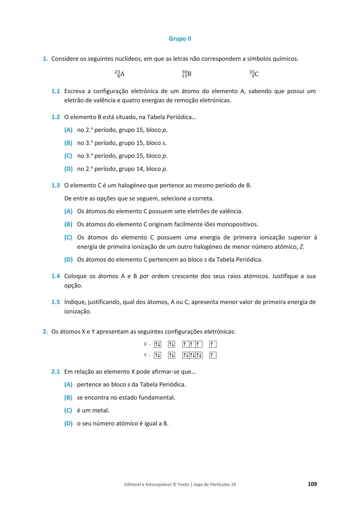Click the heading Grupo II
pyautogui.click(x=180, y=39)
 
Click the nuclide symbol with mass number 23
pyautogui.click(x=119, y=74)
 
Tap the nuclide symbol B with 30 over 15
pyautogui.click(x=187, y=74)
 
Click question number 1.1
pyautogui.click(x=56, y=91)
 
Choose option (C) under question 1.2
pyautogui.click(x=68, y=156)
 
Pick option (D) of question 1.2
pyautogui.click(x=68, y=169)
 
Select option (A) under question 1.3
pyautogui.click(x=68, y=211)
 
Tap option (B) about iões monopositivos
pyautogui.click(x=68, y=224)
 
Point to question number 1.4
pyautogui.click(x=56, y=276)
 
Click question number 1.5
pyautogui.click(x=56, y=302)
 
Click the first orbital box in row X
pyautogui.click(x=158, y=344)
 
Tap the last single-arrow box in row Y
pyautogui.click(x=213, y=355)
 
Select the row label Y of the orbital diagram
pyautogui.click(x=145, y=355)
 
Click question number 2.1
pyautogui.click(x=56, y=371)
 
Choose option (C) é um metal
pyautogui.click(x=68, y=410)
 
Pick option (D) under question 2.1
pyautogui.click(x=68, y=423)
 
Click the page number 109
pyautogui.click(x=312, y=484)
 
